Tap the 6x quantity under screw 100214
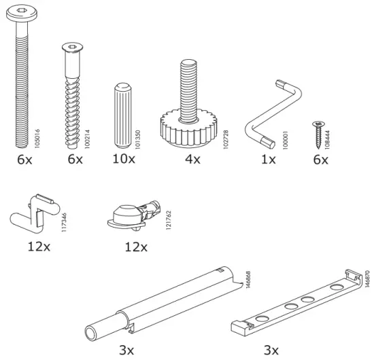tap(74, 160)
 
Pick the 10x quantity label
tap(124, 160)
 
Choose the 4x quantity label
tap(192, 160)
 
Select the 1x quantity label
tap(268, 160)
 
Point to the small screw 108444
tap(318, 132)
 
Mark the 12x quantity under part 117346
tap(39, 245)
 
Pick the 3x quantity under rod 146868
tap(126, 350)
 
